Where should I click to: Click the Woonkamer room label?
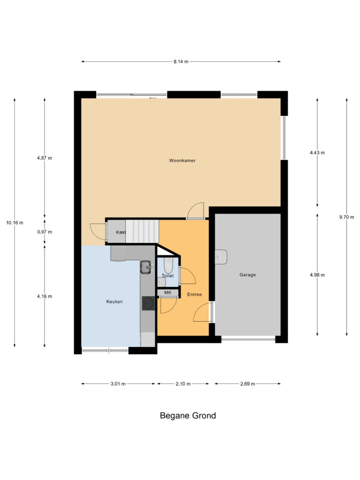point(182,160)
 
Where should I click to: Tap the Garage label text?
point(247,275)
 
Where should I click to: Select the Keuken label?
point(114,301)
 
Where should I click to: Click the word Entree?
point(194,294)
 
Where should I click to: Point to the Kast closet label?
point(120,232)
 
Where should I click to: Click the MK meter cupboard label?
point(168,293)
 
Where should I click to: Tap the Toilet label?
point(168,276)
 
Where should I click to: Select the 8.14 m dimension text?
point(180,61)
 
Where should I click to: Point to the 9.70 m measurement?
point(346,217)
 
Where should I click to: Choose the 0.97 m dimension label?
point(45,232)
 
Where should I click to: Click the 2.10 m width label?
point(183,384)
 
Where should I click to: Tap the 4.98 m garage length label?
point(317,275)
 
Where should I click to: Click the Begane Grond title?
point(187,415)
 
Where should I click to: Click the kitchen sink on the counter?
point(146,267)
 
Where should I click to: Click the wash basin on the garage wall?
point(221,257)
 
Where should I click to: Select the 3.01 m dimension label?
point(118,384)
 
